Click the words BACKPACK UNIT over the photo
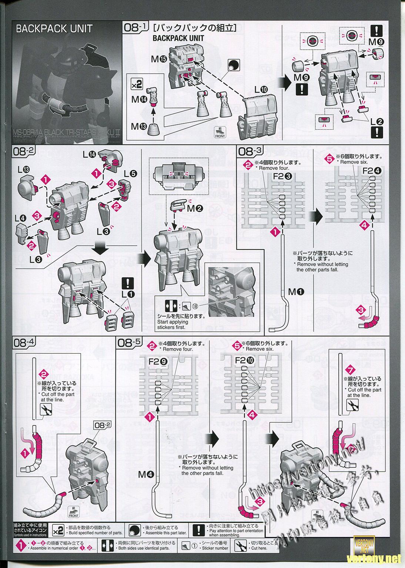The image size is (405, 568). click(54, 29)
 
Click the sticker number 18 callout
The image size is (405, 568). click(195, 307)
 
